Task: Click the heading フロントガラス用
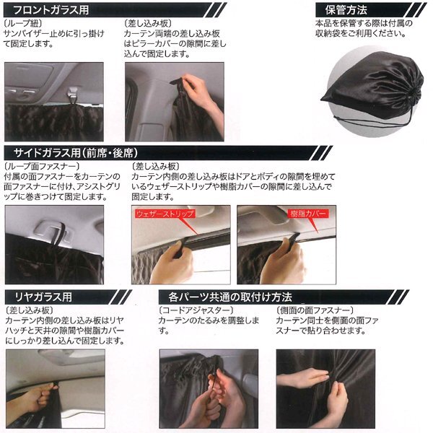[51, 10]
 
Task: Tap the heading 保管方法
[346, 10]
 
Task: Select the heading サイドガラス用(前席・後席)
[76, 153]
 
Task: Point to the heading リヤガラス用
[43, 297]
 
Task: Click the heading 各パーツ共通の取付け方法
[230, 297]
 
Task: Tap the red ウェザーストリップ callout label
[165, 214]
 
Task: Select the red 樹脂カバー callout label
[308, 214]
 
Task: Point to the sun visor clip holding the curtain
[72, 94]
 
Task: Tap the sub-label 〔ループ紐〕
[23, 23]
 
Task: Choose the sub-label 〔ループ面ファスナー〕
[42, 166]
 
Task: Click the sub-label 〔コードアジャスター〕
[196, 310]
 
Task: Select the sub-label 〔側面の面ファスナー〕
[315, 310]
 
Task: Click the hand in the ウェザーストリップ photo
[172, 263]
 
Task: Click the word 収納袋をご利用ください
[361, 34]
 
